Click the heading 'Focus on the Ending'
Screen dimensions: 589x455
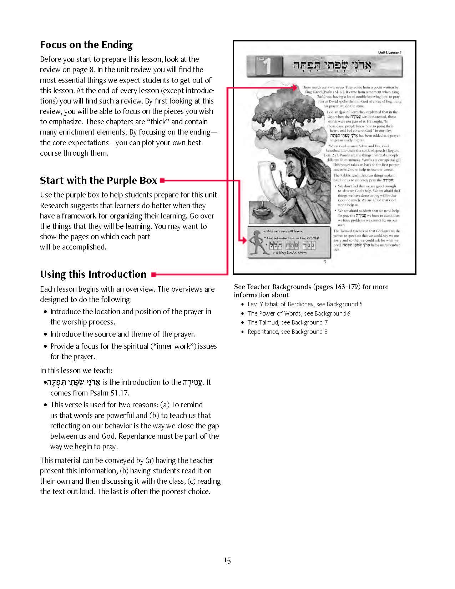86,45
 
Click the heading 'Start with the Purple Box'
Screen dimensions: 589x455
98,181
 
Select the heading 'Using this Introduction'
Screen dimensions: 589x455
93,275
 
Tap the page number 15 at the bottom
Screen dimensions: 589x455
227,560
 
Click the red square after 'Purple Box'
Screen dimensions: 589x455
162,181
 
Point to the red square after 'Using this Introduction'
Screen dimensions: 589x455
153,275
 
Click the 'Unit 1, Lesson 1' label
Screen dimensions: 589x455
390,53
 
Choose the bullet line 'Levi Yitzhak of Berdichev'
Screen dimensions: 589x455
305,304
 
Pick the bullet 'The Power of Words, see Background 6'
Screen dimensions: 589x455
299,313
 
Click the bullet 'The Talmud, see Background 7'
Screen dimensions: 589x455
287,322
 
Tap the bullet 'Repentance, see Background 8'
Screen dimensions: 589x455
287,332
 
